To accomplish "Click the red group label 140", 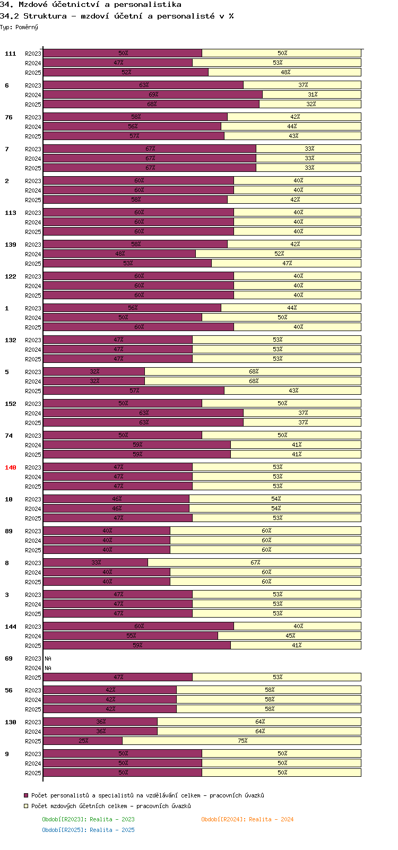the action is (x=10, y=467).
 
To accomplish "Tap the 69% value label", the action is (x=153, y=94).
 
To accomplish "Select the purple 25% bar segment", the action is (x=83, y=740).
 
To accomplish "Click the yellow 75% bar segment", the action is (x=241, y=740).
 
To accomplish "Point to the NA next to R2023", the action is (x=48, y=658).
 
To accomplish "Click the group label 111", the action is (x=10, y=54).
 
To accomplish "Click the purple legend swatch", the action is (x=26, y=795).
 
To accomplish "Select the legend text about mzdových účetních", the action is (x=111, y=805).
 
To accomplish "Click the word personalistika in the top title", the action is (x=148, y=5).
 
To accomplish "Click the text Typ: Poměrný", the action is (x=19, y=27).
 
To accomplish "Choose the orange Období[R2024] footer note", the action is (x=247, y=819).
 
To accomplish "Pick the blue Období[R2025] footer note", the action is (x=88, y=830).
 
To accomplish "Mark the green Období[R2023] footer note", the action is (x=88, y=819).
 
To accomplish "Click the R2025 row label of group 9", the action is (x=33, y=773).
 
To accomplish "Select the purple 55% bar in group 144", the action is (x=131, y=636).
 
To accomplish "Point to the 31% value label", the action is (x=313, y=94).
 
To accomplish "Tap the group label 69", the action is (x=8, y=658).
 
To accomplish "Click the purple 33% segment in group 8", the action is (x=96, y=563).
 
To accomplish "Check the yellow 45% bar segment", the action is (x=290, y=636).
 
